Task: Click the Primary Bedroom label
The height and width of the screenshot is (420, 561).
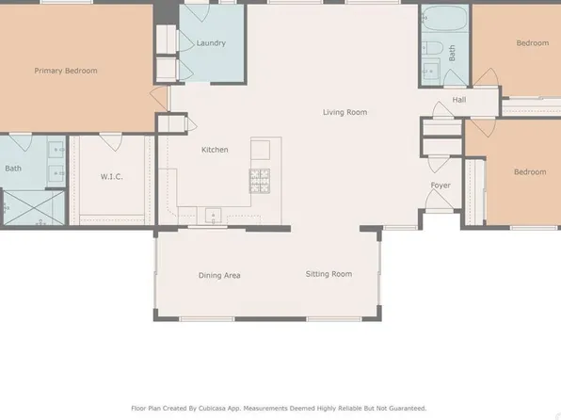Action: tap(66, 71)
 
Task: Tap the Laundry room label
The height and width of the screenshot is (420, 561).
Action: tap(210, 43)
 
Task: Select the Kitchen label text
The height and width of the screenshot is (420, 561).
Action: tap(215, 150)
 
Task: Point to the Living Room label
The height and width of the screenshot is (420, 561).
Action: tap(345, 112)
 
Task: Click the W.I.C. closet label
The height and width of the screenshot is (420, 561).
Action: tap(112, 176)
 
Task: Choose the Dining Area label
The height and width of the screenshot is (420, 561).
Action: tap(219, 275)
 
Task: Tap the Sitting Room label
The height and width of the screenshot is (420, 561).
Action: tap(329, 274)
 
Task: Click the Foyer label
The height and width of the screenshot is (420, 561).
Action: tap(441, 186)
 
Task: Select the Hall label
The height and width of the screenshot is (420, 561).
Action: tap(458, 100)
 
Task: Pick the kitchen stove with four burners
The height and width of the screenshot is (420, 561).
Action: tap(260, 177)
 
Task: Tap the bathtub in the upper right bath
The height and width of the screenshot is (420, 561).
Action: tap(437, 20)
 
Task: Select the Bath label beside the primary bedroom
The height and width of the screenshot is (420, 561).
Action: tap(13, 170)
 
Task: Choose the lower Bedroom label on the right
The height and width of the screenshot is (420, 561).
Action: tap(529, 171)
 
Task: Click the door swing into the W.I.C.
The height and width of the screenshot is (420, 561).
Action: tap(111, 143)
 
